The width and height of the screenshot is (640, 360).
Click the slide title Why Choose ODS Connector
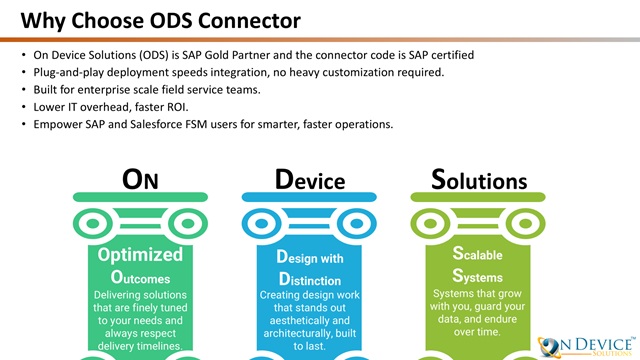click(x=160, y=21)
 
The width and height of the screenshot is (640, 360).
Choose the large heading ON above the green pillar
click(x=140, y=179)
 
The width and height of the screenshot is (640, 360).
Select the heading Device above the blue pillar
click(x=310, y=179)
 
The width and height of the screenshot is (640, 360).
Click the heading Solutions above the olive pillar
click(x=479, y=179)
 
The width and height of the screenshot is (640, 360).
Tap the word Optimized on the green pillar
click(x=140, y=255)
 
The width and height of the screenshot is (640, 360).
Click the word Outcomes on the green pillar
click(x=140, y=278)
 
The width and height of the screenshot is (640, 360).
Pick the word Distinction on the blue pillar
click(x=310, y=280)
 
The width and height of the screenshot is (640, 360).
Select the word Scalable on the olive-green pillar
click(x=478, y=254)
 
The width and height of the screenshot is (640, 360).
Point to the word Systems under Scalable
click(x=478, y=276)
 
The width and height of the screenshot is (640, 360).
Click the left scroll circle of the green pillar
click(x=93, y=224)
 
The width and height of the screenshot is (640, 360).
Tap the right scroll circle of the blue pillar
click(x=356, y=224)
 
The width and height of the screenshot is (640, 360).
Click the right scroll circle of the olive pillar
click(x=525, y=224)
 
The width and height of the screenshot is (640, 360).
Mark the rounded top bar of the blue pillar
click(x=309, y=197)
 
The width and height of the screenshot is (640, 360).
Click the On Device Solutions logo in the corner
click(x=587, y=347)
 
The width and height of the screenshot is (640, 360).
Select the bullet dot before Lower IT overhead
click(x=24, y=107)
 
